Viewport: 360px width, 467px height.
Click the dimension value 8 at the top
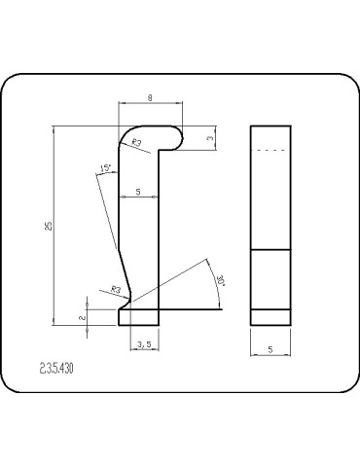[149, 97]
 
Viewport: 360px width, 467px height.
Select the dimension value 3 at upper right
[211, 138]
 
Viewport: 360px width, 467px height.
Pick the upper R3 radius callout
[137, 143]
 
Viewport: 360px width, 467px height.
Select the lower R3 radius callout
[115, 289]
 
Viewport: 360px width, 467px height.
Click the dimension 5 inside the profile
[138, 193]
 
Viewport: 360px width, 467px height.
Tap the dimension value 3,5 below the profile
[143, 343]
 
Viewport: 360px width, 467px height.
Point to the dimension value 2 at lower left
[83, 316]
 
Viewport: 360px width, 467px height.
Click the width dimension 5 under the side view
[270, 345]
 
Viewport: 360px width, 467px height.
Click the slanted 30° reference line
[175, 282]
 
